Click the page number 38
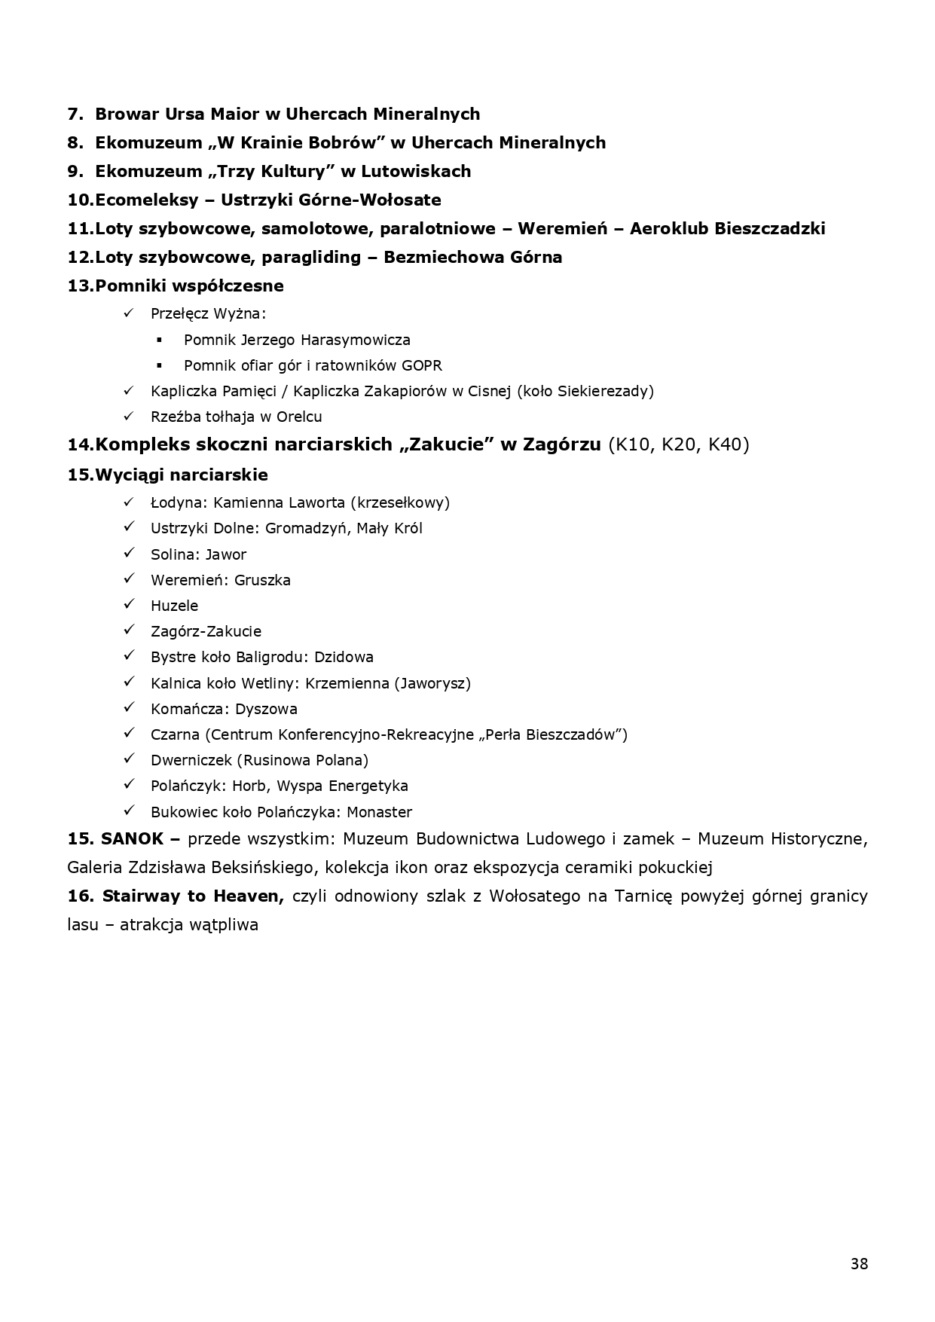[x=859, y=1264]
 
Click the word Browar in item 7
[x=121, y=114]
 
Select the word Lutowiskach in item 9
[x=416, y=172]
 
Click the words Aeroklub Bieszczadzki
[x=727, y=229]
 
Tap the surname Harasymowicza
[x=356, y=340]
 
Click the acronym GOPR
[x=422, y=366]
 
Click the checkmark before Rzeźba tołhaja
[x=128, y=416]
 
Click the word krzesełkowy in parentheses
[x=404, y=503]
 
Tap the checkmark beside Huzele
[x=128, y=605]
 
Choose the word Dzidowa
[x=344, y=657]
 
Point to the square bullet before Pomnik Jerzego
[x=159, y=340]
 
